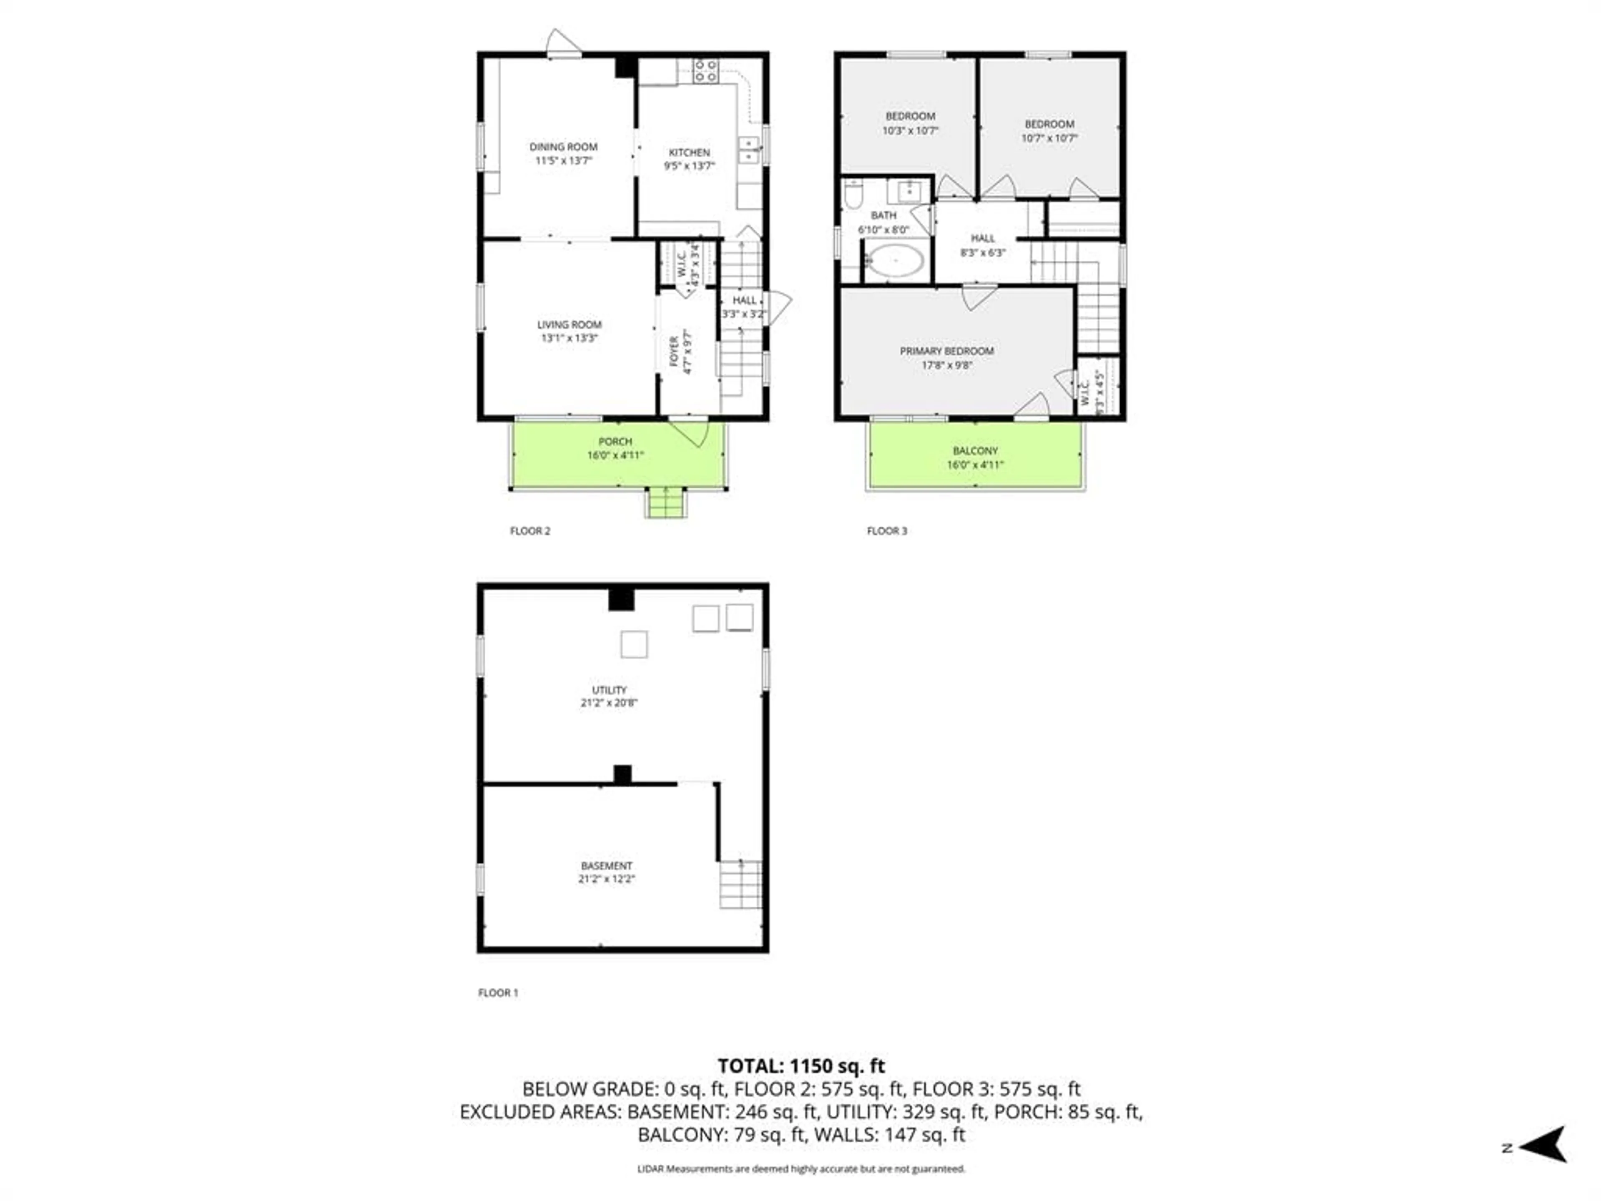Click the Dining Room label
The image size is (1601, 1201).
click(563, 147)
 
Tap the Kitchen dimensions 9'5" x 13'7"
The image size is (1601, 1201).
click(689, 166)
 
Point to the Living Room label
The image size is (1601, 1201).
click(569, 324)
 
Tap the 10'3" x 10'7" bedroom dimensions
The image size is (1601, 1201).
click(910, 131)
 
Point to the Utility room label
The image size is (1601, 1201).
click(609, 690)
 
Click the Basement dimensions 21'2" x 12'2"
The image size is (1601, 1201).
click(607, 879)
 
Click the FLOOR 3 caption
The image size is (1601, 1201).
click(887, 530)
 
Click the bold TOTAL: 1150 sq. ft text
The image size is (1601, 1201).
click(800, 1065)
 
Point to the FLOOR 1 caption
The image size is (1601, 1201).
click(498, 992)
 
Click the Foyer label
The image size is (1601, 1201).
click(674, 351)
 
